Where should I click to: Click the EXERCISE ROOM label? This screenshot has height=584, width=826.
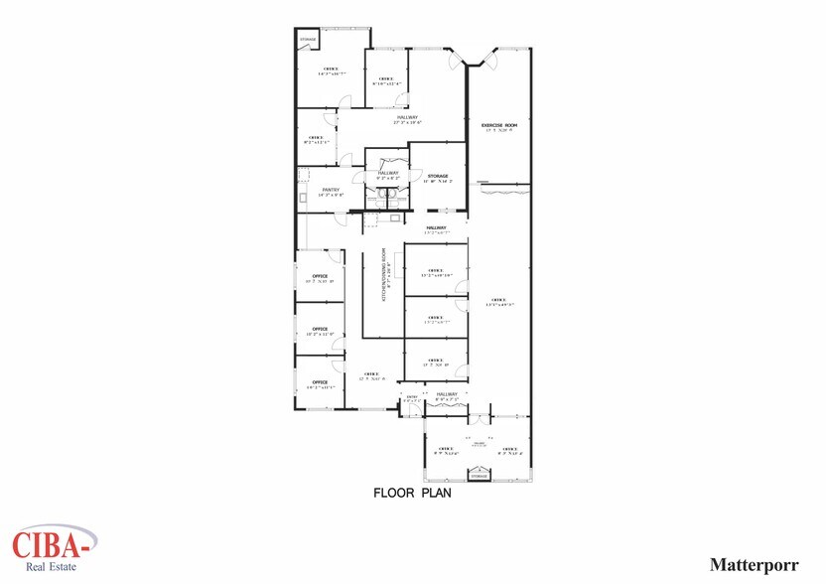click(500, 125)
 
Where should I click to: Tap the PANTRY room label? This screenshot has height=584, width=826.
click(331, 189)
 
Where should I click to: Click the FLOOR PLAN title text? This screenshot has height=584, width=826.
click(412, 493)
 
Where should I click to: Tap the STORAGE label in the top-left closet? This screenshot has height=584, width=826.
click(309, 41)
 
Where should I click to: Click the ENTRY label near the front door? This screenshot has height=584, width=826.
click(412, 395)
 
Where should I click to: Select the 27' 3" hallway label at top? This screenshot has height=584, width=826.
click(408, 122)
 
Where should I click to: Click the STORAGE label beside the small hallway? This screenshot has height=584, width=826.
click(438, 176)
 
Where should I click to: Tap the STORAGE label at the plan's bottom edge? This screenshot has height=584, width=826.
click(479, 477)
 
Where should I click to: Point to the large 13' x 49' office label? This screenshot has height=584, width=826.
click(498, 301)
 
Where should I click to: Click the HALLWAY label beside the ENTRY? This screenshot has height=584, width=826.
click(446, 394)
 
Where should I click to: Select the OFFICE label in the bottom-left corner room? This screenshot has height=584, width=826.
click(320, 381)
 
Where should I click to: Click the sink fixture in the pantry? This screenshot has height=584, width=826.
click(302, 196)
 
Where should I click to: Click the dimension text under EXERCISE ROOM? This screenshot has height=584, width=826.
click(500, 131)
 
